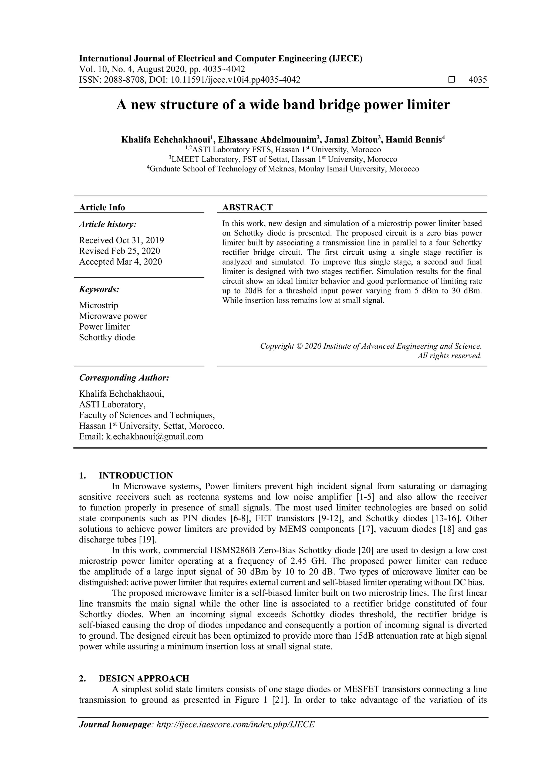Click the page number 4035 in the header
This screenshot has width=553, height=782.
(x=477, y=80)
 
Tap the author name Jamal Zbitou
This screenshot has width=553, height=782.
(x=351, y=140)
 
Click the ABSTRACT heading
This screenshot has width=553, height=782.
(x=247, y=207)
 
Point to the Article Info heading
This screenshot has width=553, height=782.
(x=102, y=207)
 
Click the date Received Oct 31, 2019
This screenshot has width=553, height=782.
(x=122, y=240)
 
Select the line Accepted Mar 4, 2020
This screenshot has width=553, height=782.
(x=120, y=262)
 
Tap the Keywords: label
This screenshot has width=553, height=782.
(x=99, y=289)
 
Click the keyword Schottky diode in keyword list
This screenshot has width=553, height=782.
(x=107, y=338)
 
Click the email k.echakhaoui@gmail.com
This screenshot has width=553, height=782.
(x=155, y=437)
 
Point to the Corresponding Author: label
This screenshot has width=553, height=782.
(x=124, y=378)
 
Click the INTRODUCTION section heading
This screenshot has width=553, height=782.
(x=136, y=476)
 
